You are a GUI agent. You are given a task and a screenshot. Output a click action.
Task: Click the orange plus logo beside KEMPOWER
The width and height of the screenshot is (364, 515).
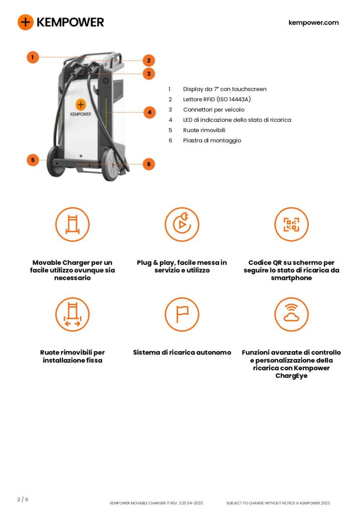click(26, 22)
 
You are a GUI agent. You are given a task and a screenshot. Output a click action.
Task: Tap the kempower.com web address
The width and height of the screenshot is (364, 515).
click(313, 23)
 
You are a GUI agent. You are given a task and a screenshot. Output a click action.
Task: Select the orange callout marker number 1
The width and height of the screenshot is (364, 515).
click(33, 57)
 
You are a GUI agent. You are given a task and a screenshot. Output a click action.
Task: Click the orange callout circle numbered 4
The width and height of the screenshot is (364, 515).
click(150, 112)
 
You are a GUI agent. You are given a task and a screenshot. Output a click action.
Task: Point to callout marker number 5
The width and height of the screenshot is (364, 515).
click(33, 160)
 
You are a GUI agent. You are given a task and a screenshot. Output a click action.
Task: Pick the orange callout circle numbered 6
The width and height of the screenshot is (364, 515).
click(149, 164)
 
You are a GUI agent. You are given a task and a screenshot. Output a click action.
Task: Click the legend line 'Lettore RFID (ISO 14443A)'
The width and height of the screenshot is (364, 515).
click(217, 99)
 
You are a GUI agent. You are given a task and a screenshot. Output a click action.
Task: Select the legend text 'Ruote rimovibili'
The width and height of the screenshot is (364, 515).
click(204, 130)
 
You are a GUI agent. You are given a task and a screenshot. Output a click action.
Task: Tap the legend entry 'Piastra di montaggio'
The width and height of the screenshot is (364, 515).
click(212, 141)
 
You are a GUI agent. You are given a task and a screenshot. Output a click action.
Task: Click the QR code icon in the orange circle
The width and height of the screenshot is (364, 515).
click(291, 224)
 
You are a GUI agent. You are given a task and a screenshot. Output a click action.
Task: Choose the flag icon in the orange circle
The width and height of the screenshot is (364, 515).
click(182, 314)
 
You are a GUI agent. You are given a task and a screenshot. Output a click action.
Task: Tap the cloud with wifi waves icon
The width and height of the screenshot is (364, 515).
click(291, 314)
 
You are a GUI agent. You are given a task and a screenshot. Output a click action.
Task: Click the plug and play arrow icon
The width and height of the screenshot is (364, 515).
click(182, 224)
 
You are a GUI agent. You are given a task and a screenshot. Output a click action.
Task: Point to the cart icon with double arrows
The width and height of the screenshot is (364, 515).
click(72, 314)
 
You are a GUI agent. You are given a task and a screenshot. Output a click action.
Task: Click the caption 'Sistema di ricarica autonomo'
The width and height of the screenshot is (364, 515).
click(182, 353)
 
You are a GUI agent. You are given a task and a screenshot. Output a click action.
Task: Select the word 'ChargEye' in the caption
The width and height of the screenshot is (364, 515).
click(291, 376)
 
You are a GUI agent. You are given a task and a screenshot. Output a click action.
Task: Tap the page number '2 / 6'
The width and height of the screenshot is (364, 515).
click(23, 499)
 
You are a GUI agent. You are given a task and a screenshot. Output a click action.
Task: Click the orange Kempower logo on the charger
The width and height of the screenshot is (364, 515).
click(81, 105)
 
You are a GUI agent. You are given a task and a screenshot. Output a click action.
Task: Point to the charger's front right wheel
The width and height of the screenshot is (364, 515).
click(110, 164)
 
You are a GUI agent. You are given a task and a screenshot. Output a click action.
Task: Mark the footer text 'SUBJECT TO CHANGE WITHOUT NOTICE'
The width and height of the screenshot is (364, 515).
click(261, 503)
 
